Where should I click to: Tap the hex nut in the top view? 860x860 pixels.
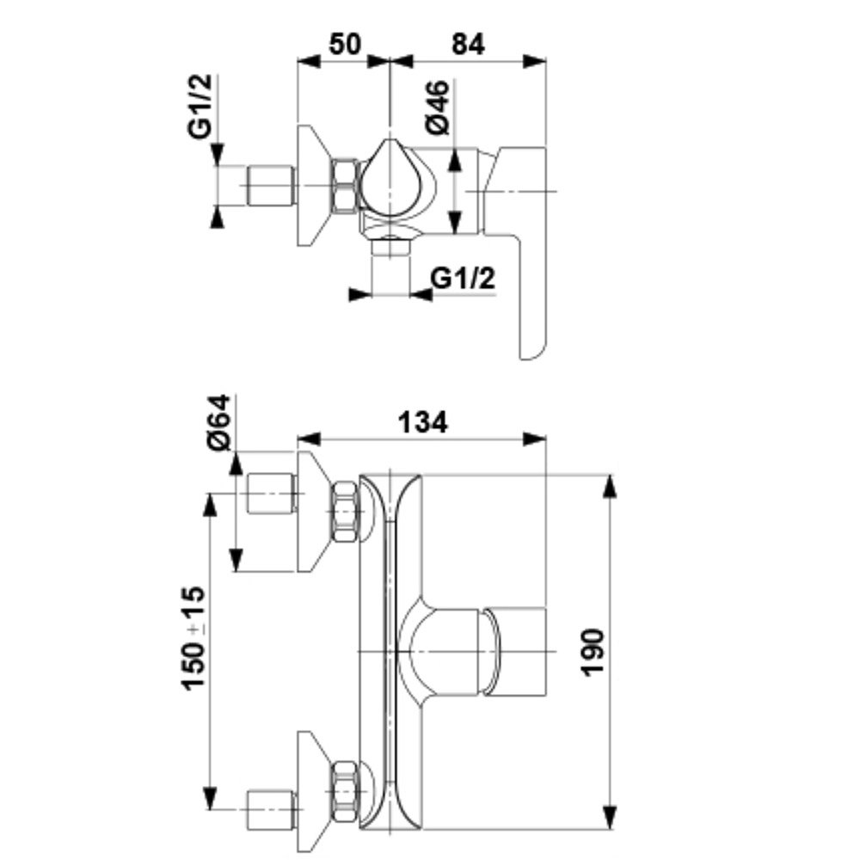point(346,185)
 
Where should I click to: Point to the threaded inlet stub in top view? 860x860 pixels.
point(271,186)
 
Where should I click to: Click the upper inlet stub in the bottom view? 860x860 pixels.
point(271,493)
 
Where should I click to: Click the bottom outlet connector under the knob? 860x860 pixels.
point(390,249)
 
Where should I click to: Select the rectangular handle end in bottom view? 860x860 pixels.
point(516,651)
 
